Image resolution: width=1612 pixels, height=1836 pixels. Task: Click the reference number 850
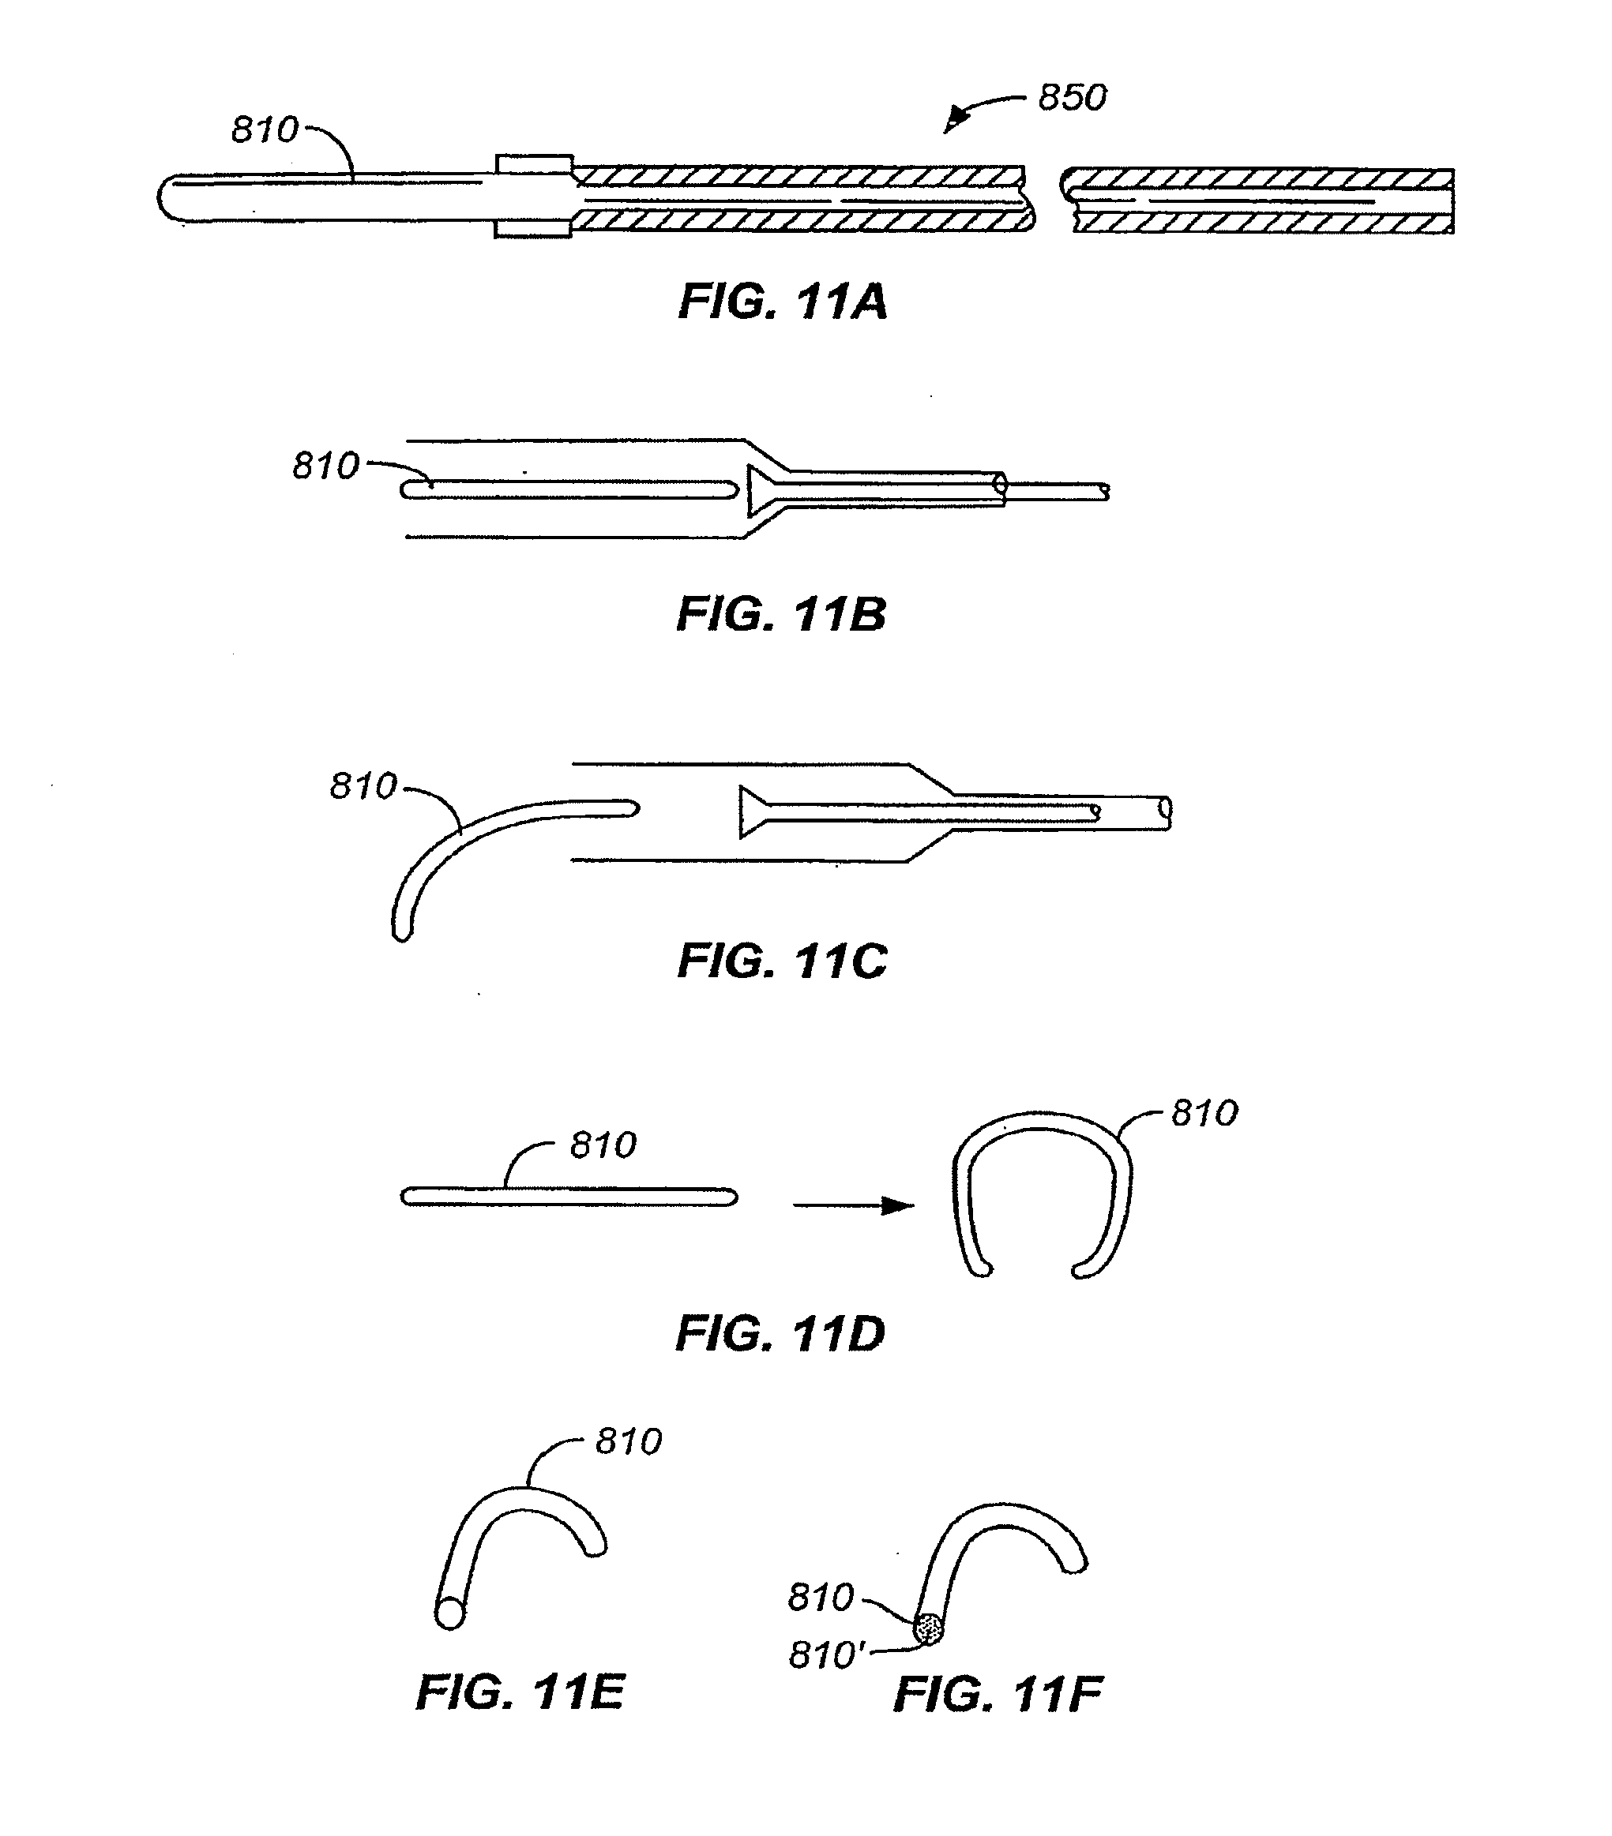(1072, 97)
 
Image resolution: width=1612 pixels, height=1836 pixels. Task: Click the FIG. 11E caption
(520, 1692)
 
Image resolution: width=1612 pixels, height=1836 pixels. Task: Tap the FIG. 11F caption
(998, 1694)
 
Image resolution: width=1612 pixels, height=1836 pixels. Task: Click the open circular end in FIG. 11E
(449, 1614)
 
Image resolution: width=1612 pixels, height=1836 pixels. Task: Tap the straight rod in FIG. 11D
(569, 1197)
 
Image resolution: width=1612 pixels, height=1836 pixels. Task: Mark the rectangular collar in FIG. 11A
(534, 196)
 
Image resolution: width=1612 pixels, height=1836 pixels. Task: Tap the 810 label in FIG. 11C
(363, 786)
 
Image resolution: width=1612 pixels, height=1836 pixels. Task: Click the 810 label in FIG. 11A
(265, 130)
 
